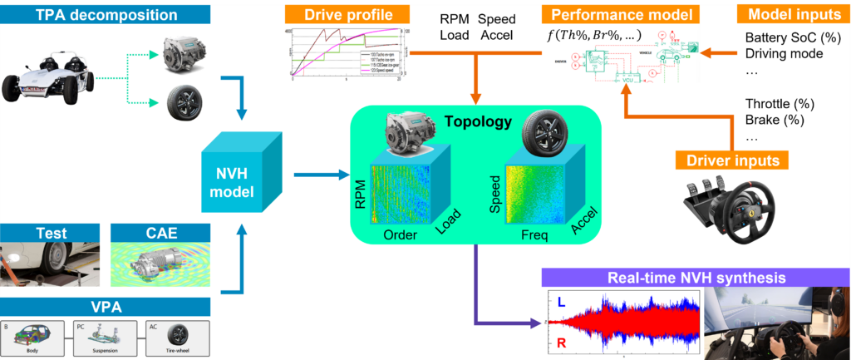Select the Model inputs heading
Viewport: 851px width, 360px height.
tap(787, 14)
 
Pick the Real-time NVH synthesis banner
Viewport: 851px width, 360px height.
tap(696, 278)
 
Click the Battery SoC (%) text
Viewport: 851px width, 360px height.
tap(792, 38)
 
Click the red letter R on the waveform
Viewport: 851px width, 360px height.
tap(562, 341)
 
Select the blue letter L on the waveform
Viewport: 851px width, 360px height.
tap(562, 306)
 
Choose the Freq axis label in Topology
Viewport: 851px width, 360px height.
tap(532, 235)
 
